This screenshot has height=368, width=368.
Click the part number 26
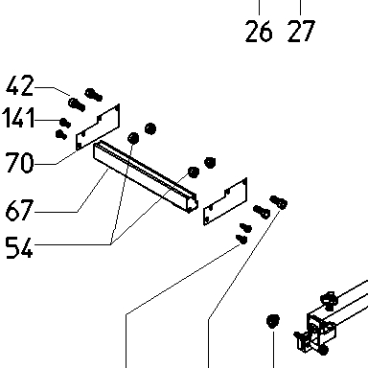tap(259, 31)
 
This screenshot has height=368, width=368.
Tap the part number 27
tap(301, 31)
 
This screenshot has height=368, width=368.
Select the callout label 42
tap(20, 85)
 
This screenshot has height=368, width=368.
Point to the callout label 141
tap(18, 118)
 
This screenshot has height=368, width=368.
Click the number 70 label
tap(19, 162)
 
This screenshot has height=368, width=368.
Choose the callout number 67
tap(19, 210)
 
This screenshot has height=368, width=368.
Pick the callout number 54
tap(19, 247)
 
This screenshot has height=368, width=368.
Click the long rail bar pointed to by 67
tap(146, 176)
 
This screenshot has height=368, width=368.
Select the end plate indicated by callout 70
tap(98, 127)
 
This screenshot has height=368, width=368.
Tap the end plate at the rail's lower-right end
tap(225, 201)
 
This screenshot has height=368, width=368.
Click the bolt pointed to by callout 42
tap(77, 104)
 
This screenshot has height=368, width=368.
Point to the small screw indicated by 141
tap(65, 123)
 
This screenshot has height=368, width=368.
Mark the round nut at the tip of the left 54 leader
tap(133, 138)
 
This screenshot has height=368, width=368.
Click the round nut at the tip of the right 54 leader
tap(193, 172)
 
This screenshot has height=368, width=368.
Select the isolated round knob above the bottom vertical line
tap(272, 321)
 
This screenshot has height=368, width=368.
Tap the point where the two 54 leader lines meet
tap(111, 244)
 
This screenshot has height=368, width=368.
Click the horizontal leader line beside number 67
tap(56, 212)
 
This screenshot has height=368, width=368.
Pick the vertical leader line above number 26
tap(259, 8)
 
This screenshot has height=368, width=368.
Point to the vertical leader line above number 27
tap(300, 8)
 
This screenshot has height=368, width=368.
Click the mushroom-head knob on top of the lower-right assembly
tap(329, 300)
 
